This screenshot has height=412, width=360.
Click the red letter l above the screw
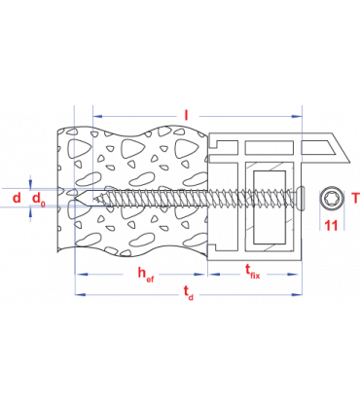(185, 115)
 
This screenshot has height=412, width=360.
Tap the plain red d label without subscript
(16, 198)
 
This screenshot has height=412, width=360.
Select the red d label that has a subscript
(38, 199)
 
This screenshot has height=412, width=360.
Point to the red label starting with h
(145, 273)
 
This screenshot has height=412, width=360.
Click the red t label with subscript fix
(252, 272)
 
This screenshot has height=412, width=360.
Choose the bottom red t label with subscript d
(188, 292)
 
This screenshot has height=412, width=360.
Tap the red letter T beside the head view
(354, 199)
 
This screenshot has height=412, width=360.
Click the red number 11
(331, 225)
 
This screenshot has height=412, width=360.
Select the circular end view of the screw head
(332, 198)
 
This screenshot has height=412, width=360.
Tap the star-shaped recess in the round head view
(332, 198)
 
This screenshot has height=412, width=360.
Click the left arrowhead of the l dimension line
(95, 116)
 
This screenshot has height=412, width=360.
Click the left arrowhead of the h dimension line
(79, 274)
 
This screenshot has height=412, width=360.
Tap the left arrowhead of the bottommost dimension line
(79, 293)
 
